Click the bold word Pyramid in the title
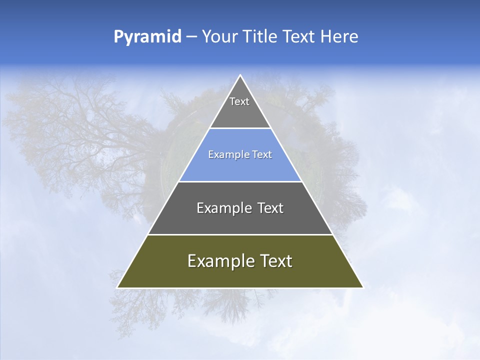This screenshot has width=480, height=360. coord(147,37)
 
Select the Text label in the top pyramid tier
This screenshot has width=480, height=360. coord(239,101)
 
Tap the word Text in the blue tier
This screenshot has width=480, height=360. coord(262,154)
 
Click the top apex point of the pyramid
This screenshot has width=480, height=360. coord(240,75)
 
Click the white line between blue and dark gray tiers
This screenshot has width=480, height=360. coord(240,181)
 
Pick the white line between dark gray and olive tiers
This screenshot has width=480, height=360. coord(240,234)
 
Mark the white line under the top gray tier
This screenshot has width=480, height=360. coord(240,128)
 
